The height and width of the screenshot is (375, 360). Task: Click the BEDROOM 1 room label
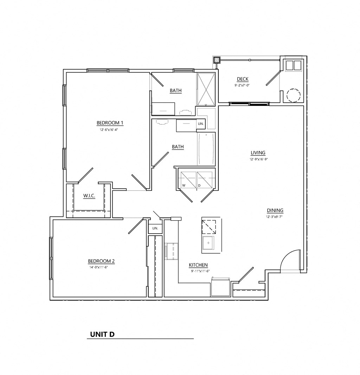click(110, 123)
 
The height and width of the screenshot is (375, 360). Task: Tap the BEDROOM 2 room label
click(101, 261)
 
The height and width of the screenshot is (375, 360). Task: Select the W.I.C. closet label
click(89, 196)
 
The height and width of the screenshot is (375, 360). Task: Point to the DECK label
click(243, 79)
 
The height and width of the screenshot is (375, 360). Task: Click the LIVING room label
click(258, 153)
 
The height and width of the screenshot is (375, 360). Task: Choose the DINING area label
click(275, 211)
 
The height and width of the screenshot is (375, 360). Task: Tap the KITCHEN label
click(198, 265)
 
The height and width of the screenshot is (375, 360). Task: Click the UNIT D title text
click(102, 334)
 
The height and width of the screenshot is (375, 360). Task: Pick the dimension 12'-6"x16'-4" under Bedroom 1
click(110, 129)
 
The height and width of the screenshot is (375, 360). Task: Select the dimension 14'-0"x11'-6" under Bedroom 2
click(101, 267)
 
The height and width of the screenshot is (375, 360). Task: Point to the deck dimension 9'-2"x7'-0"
click(243, 85)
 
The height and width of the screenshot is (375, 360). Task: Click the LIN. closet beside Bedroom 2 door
click(155, 229)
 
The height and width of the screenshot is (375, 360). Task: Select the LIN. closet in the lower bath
click(201, 124)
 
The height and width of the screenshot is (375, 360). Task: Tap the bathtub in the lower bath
click(206, 149)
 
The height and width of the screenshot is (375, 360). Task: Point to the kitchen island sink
click(208, 243)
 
